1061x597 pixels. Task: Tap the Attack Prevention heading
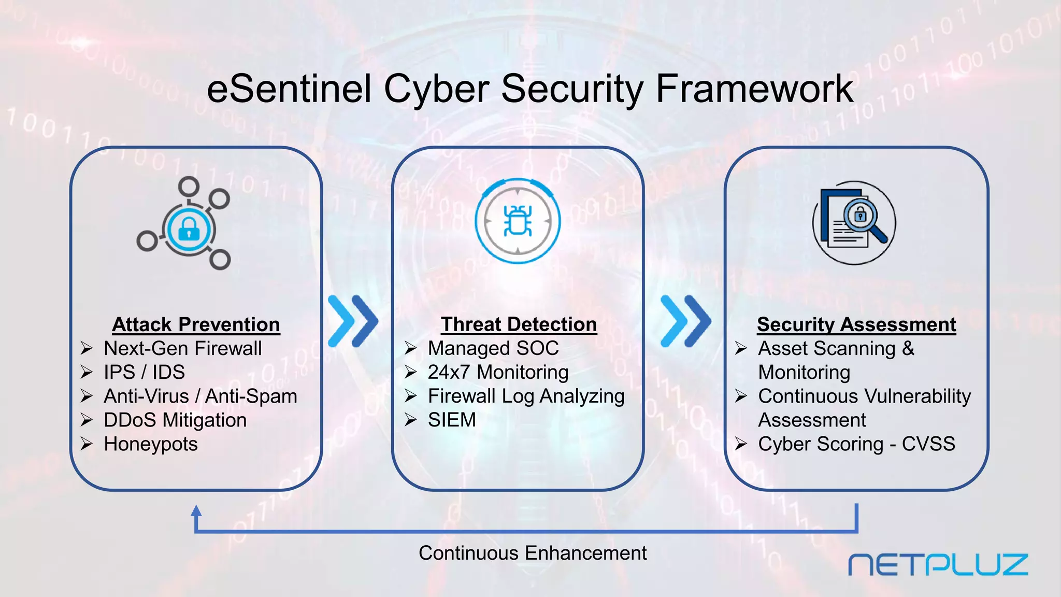point(196,324)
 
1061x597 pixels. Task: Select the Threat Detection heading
point(519,324)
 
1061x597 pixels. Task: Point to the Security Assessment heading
point(856,324)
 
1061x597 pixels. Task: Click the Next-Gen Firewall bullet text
point(182,348)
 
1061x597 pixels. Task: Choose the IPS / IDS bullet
point(144,372)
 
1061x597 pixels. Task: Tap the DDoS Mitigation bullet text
point(175,420)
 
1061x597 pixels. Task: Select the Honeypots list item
point(151,444)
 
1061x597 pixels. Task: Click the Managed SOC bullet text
point(493,348)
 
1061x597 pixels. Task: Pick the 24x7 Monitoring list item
point(498,372)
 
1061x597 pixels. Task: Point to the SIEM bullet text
point(452,420)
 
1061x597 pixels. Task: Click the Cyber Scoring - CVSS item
point(856,444)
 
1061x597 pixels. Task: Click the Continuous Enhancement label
point(533,553)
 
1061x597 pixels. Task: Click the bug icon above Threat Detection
point(518,221)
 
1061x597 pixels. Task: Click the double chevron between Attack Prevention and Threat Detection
point(353,321)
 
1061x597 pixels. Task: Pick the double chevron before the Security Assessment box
point(686,321)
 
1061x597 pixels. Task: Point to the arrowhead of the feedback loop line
point(196,511)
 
